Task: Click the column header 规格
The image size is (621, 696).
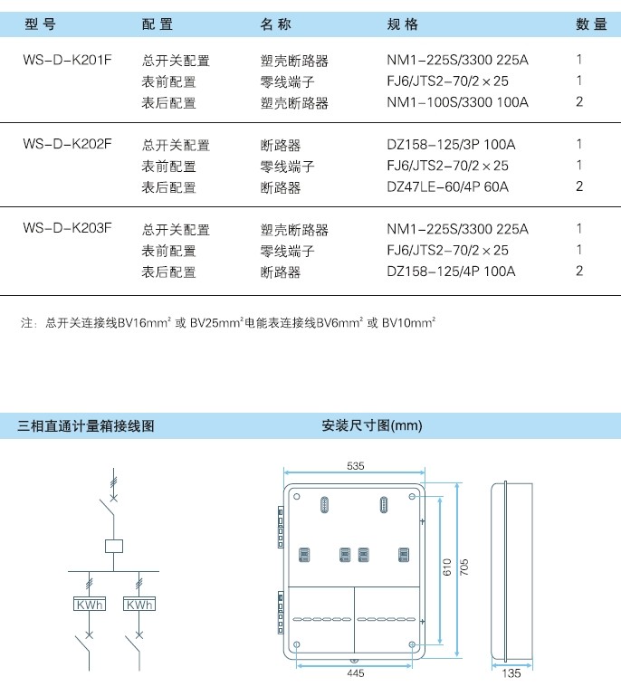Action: pos(403,24)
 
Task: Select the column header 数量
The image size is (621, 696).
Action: pos(591,24)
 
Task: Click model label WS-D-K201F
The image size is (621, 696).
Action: pos(68,60)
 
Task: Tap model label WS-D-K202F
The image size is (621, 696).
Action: pos(68,144)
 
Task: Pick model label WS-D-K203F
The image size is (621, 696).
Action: pos(68,228)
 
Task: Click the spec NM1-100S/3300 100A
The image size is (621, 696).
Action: pos(458,102)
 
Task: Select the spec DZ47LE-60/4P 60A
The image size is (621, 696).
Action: pos(447,186)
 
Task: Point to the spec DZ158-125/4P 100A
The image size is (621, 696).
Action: pos(451,271)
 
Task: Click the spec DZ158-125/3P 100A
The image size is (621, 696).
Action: pos(451,144)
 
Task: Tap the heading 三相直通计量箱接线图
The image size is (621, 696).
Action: pos(86,426)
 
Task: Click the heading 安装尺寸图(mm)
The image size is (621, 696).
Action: pos(372,425)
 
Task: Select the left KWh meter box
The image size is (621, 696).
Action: pos(90,604)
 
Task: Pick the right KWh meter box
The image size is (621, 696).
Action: pos(139,604)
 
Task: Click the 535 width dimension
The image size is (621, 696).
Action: pos(355,465)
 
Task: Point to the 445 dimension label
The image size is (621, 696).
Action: pos(356,673)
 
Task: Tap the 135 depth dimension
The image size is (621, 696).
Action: pos(511,673)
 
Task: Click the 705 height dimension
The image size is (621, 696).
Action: pos(463,567)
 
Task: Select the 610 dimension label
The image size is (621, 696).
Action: pos(447,567)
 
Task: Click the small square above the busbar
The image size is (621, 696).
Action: pos(114,546)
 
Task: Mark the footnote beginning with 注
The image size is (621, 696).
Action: pos(228,323)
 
